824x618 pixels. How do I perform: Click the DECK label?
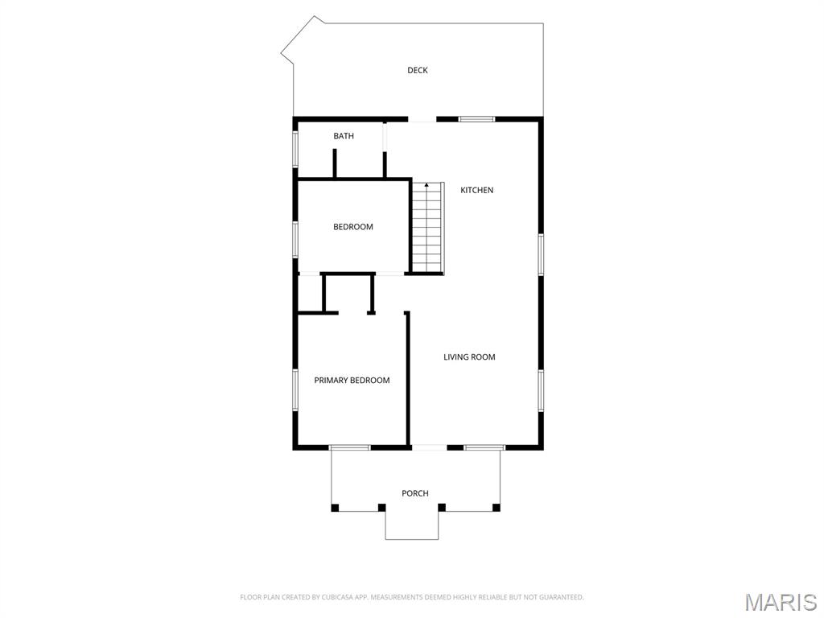pos(417,70)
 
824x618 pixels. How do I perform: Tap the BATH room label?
pos(344,136)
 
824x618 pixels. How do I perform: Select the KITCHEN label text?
pos(476,190)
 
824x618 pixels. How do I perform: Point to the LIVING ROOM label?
pos(469,356)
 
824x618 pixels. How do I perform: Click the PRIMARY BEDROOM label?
pos(352,380)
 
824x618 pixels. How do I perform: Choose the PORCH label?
pos(415,493)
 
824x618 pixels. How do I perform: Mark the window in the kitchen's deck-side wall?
pos(476,119)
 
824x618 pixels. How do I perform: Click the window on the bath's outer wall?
pos(295,148)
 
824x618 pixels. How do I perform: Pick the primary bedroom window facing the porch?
pos(349,447)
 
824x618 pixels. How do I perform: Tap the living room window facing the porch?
pos(484,447)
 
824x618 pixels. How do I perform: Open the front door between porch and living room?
pos(429,447)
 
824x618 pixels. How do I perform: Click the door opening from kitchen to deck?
pos(422,120)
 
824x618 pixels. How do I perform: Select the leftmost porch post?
pos(336,508)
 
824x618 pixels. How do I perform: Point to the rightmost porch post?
pos(496,508)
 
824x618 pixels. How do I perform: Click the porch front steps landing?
pos(412,525)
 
